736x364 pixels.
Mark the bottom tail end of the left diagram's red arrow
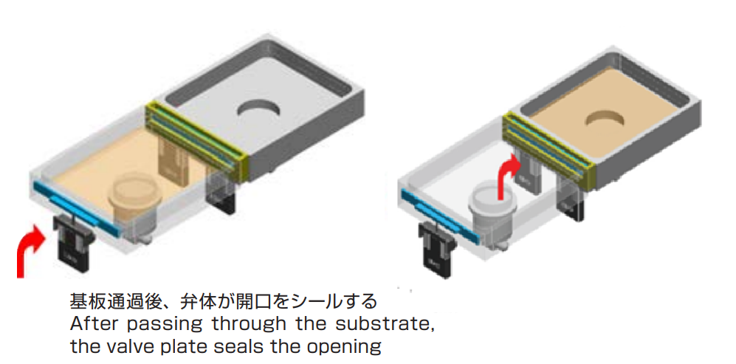tap(21, 277)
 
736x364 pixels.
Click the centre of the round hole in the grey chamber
tap(258, 110)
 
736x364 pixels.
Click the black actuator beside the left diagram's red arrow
tap(73, 242)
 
